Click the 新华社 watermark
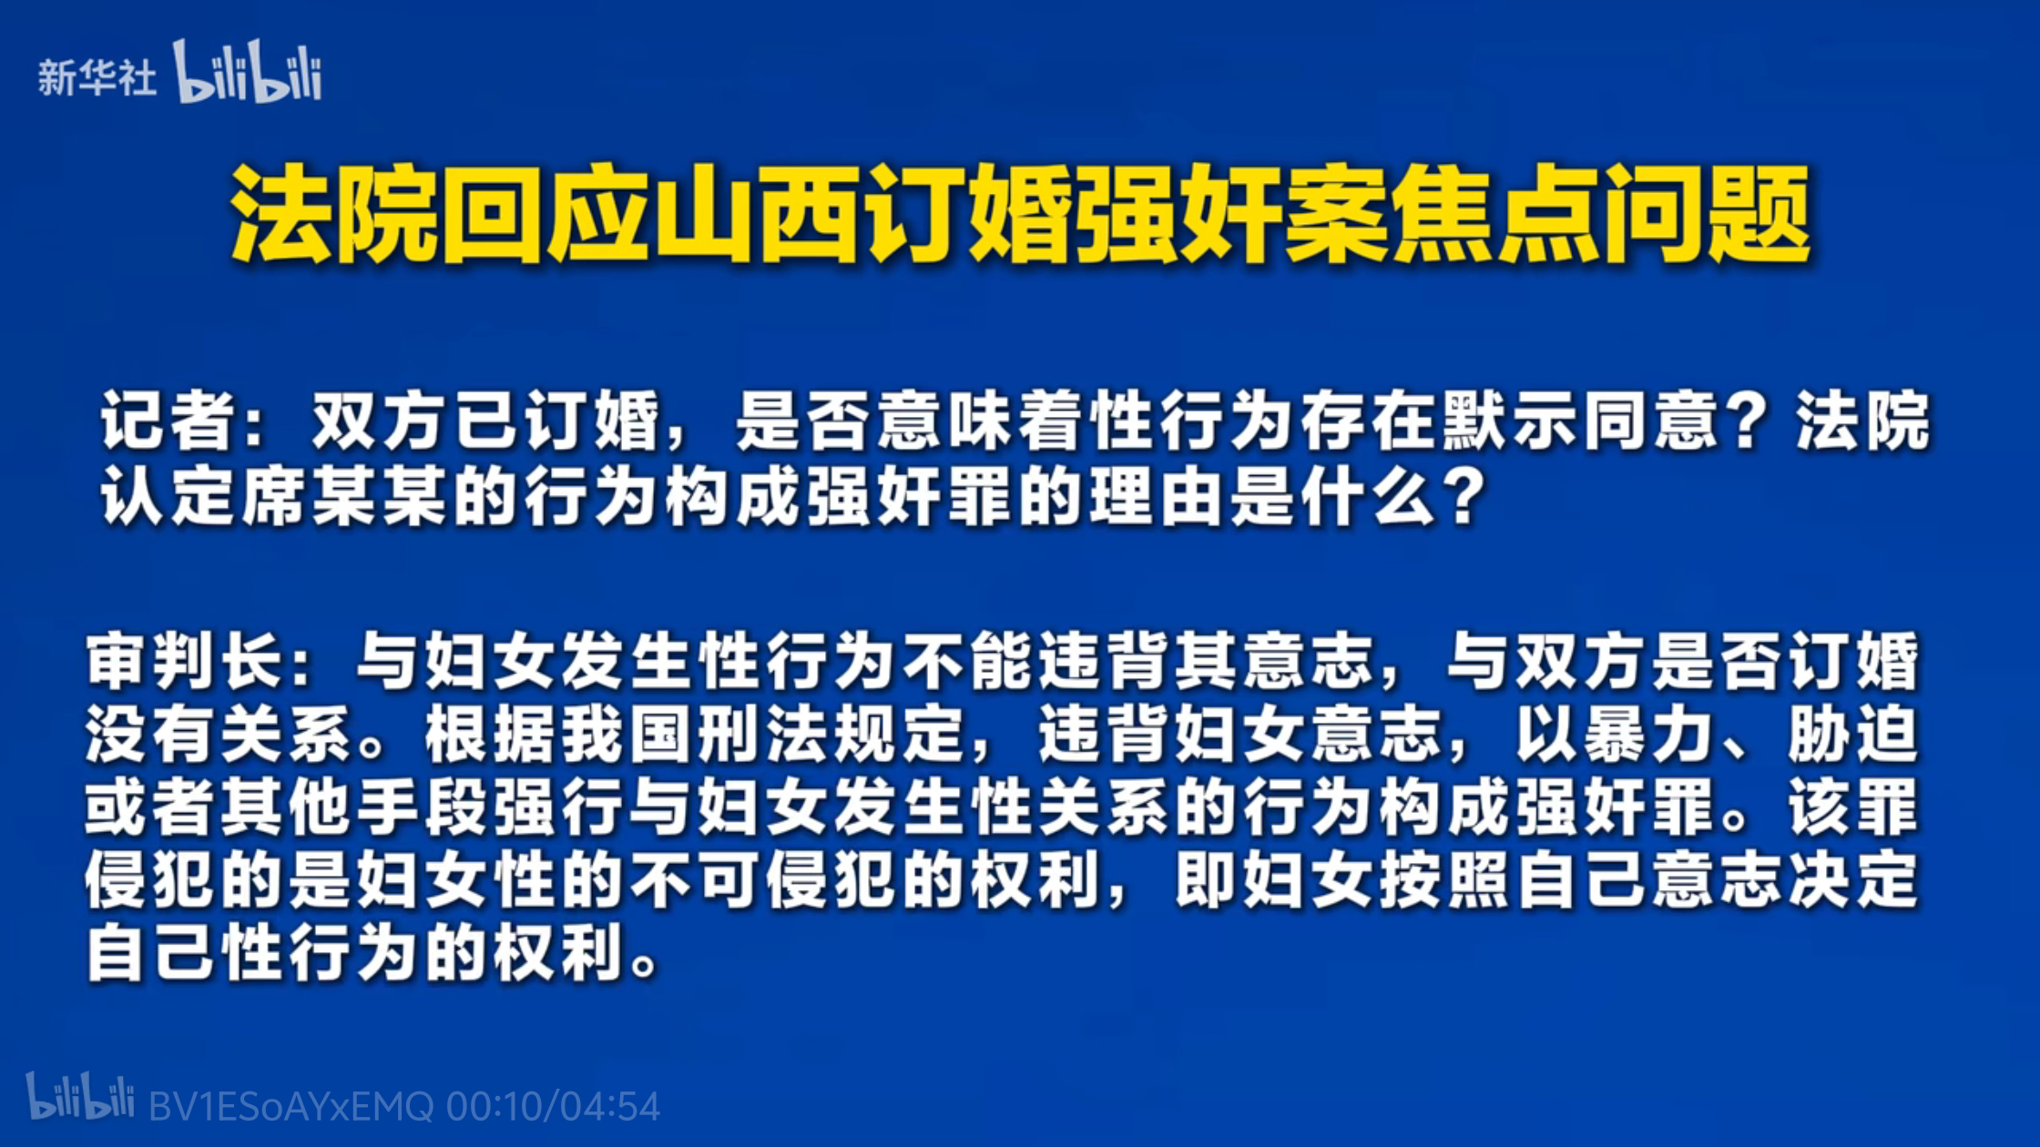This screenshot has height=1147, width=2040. [97, 77]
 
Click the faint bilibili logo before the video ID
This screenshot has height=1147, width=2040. [80, 1096]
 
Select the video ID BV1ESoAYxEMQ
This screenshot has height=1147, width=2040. [291, 1107]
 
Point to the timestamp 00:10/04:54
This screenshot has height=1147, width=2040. [553, 1107]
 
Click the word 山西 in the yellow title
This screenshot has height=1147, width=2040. [757, 215]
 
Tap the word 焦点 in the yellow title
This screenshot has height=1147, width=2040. [1495, 215]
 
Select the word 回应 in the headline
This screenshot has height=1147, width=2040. [546, 215]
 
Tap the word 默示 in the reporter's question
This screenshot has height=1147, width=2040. [1509, 421]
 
